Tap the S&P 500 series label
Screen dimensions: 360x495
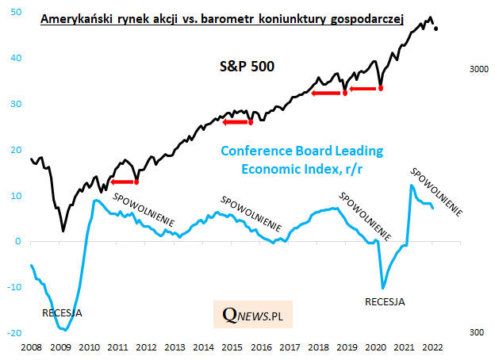tap(247, 67)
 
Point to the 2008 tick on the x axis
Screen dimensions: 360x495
tap(32, 347)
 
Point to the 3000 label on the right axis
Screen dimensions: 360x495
tap(478, 71)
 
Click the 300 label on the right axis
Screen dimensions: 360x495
tap(478, 333)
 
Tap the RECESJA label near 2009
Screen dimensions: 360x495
tap(61, 313)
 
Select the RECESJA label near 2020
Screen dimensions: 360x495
tap(385, 302)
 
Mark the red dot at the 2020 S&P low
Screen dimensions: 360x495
tap(381, 88)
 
